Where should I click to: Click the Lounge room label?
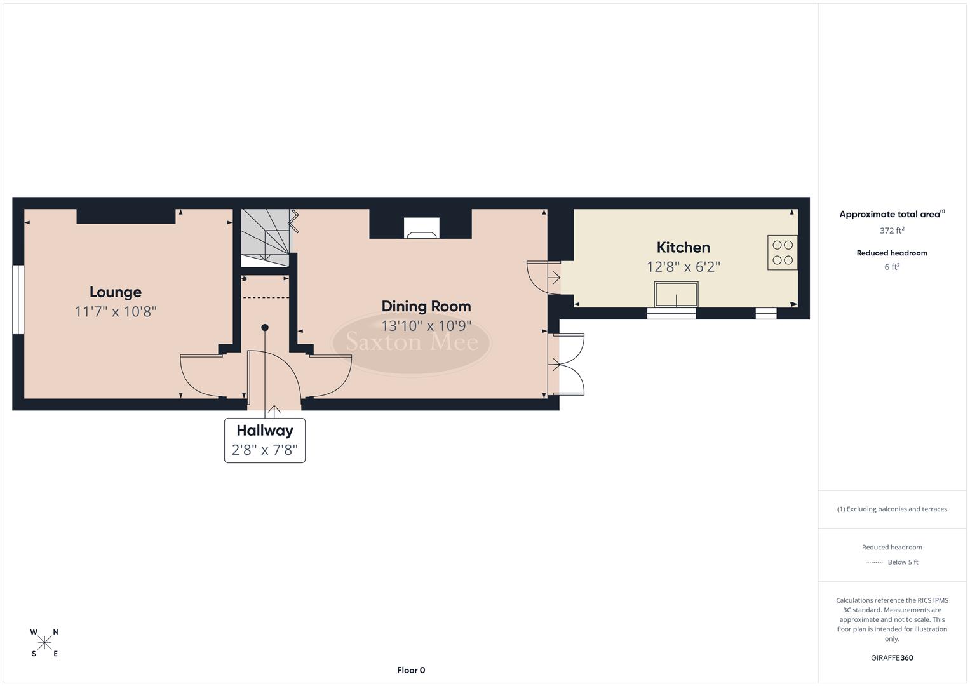pos(115,292)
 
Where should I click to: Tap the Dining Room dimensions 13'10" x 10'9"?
pos(426,326)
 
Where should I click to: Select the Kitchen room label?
pos(683,247)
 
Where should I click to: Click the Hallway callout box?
pos(265,440)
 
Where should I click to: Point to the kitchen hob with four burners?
pos(782,252)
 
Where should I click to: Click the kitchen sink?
pos(676,294)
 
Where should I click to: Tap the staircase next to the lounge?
pos(265,238)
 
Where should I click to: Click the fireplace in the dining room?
pos(422,228)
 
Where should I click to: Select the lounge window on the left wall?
pos(18,299)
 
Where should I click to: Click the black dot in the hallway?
pos(265,328)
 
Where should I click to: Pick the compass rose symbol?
pos(44,643)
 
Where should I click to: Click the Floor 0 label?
pos(411,670)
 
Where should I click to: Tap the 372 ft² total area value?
pos(892,231)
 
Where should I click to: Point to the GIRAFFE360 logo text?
pos(892,657)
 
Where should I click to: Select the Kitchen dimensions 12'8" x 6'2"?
pos(683,267)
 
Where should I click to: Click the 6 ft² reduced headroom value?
pos(892,267)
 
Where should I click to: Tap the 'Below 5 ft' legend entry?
pos(902,562)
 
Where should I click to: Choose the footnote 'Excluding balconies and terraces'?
pos(892,509)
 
